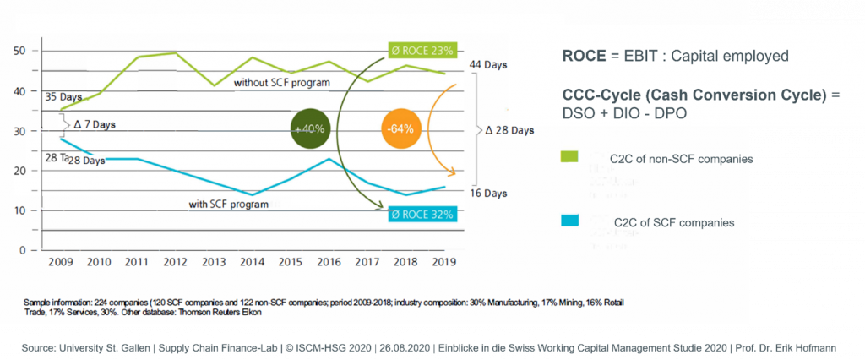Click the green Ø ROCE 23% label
(422, 51)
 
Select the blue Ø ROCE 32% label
(422, 215)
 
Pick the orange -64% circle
(400, 129)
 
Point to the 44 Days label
(488, 65)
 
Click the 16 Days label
(488, 194)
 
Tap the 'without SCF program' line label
(281, 82)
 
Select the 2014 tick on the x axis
(253, 263)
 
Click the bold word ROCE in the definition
(580, 56)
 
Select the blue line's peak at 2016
(329, 159)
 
